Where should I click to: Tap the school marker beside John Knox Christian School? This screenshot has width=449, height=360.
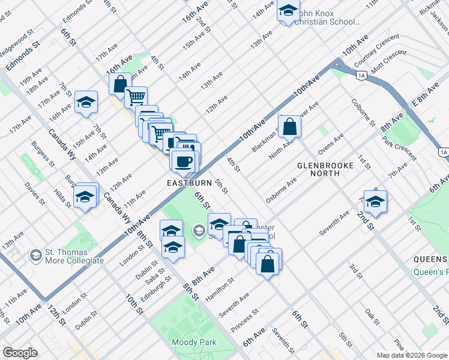coord(288,11)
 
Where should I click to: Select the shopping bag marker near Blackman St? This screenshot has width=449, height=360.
coord(289,127)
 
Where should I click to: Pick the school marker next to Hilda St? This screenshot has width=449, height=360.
coord(85,197)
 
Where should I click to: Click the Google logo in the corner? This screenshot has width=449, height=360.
coord(20,353)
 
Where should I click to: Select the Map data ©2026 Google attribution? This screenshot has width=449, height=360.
coord(412,355)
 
